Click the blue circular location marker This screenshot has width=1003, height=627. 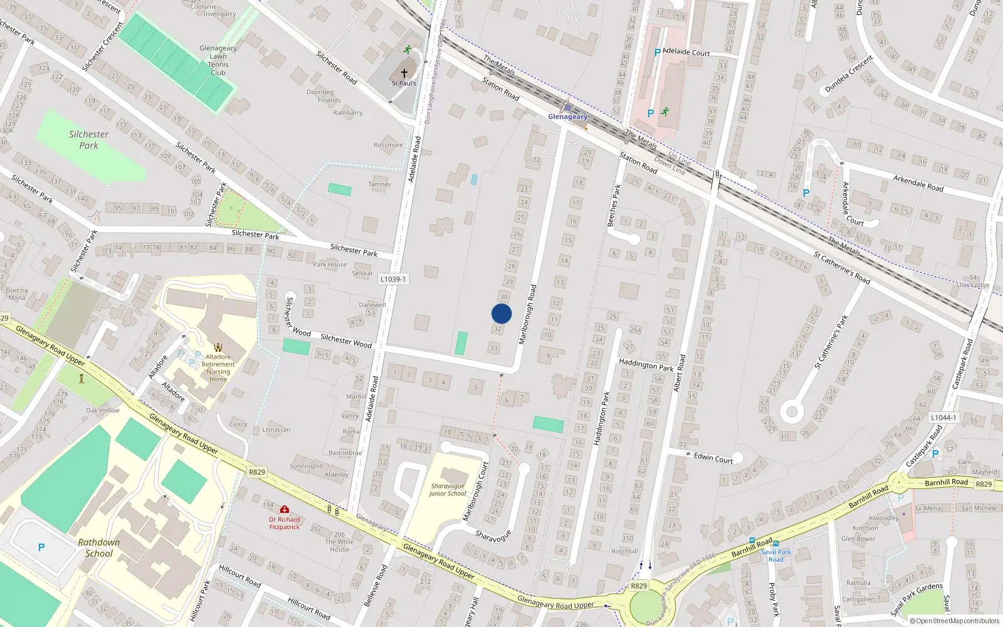(x=501, y=313)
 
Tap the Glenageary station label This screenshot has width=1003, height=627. (x=568, y=117)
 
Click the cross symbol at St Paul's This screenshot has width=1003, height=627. (x=404, y=73)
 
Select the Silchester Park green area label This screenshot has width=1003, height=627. (x=88, y=140)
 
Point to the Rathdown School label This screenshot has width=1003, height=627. (x=99, y=547)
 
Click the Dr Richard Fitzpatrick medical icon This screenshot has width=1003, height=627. (x=285, y=510)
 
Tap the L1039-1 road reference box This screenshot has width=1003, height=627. (x=393, y=279)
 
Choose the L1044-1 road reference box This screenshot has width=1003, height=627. (x=943, y=418)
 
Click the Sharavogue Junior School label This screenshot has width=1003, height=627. (x=448, y=490)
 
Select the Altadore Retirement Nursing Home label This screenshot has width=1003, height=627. (x=218, y=368)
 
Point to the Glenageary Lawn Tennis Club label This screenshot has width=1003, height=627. (x=218, y=60)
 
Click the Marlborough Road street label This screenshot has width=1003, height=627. (x=528, y=313)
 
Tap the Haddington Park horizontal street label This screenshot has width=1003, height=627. (x=646, y=364)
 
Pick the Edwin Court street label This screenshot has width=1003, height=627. (x=713, y=458)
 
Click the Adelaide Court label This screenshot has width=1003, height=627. (x=686, y=52)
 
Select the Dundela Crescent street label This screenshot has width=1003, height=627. (x=849, y=75)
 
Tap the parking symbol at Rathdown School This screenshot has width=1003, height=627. (x=41, y=547)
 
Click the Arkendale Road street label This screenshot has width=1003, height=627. (x=918, y=183)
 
